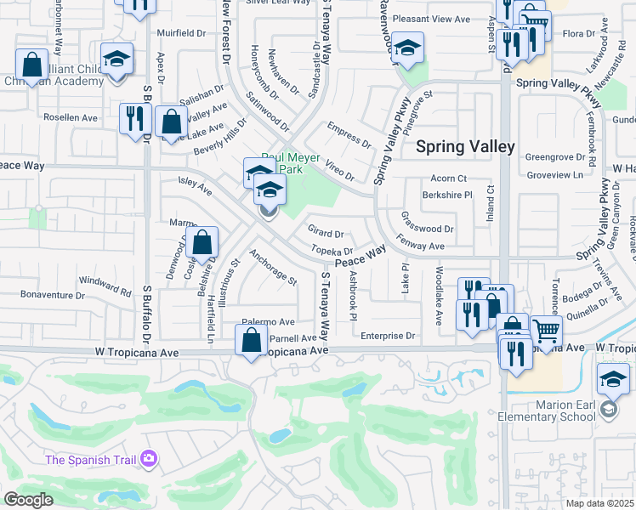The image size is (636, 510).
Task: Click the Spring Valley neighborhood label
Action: [x=465, y=146]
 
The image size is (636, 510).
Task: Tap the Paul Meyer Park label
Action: [x=291, y=162]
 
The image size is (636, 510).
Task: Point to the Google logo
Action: [x=29, y=500]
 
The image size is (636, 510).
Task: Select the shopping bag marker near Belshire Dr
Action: [x=203, y=242]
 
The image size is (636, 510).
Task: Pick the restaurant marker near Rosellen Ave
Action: [x=133, y=118]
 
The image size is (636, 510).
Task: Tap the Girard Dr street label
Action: [x=326, y=233]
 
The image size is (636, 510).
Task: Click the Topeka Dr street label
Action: [x=332, y=251]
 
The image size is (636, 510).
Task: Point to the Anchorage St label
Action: [x=273, y=267]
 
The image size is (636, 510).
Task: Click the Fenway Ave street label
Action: [x=421, y=246]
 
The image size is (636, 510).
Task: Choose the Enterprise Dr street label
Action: [x=387, y=336]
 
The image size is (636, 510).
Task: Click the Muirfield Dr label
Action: [x=181, y=34]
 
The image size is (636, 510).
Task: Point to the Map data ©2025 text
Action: [x=599, y=503]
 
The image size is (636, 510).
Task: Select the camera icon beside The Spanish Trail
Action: [x=150, y=459]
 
